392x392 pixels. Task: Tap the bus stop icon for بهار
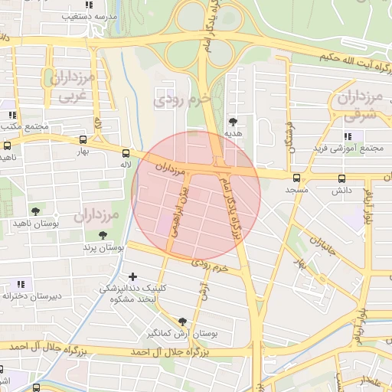click(x=83, y=139)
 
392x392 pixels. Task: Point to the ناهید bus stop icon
click(x=8, y=145)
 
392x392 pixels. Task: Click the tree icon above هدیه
click(x=233, y=121)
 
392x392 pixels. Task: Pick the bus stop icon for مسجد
click(x=296, y=178)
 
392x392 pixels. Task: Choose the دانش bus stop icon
click(x=342, y=178)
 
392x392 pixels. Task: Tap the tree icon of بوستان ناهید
click(x=34, y=211)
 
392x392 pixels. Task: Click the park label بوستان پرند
click(x=103, y=248)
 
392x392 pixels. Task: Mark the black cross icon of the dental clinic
click(x=133, y=276)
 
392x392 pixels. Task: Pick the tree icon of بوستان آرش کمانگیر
click(x=182, y=322)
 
